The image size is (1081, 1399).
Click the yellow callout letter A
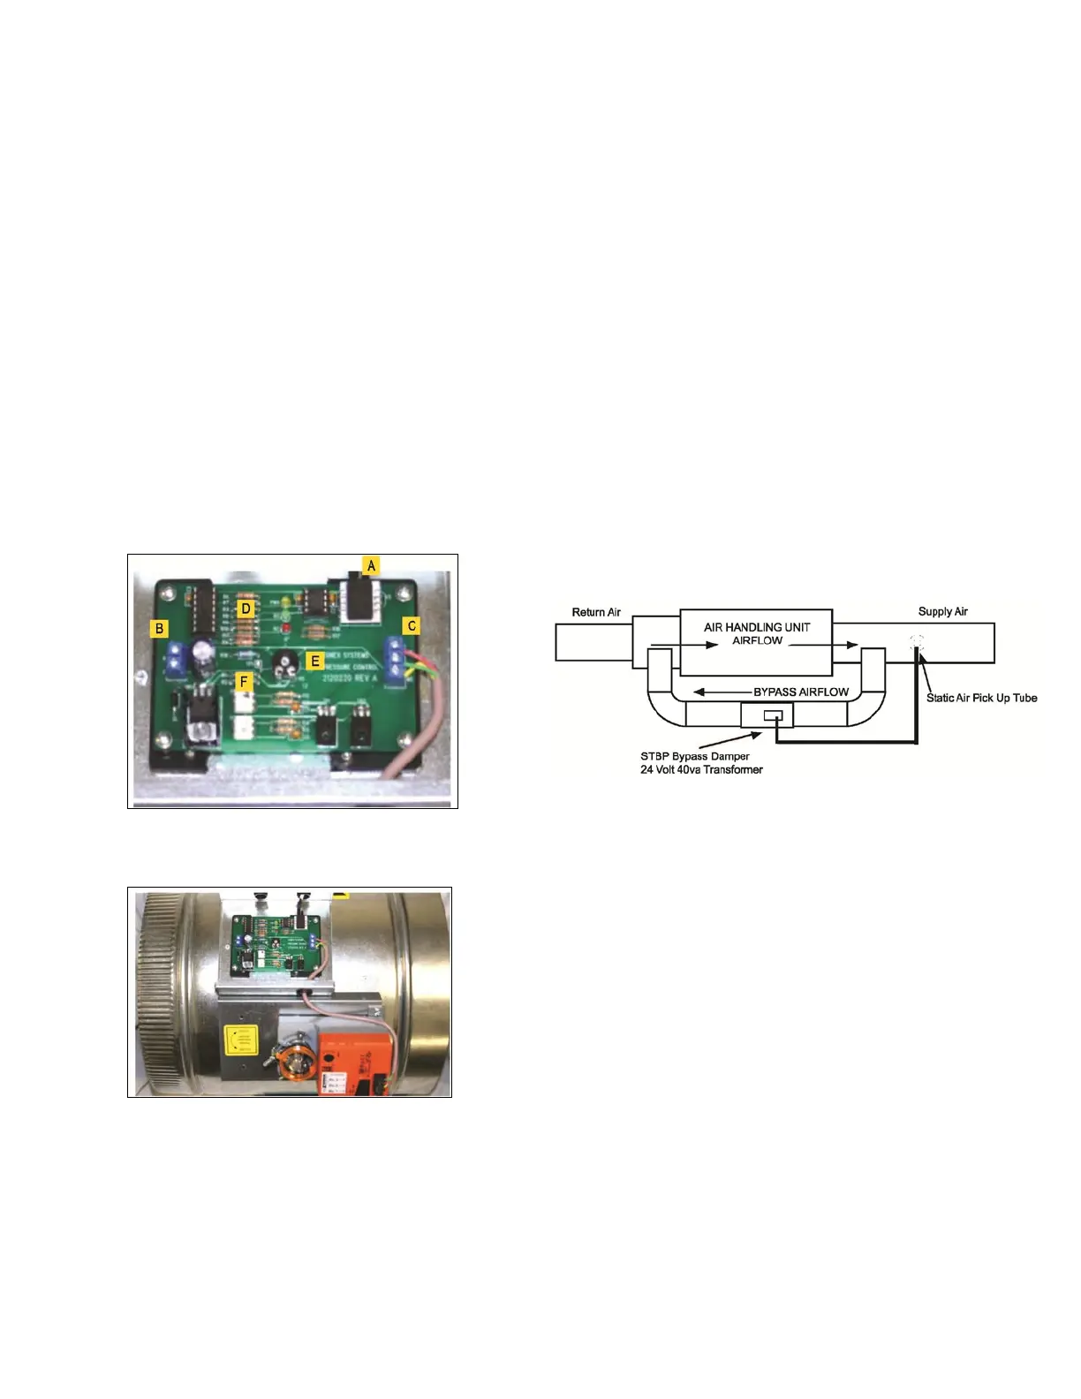(372, 565)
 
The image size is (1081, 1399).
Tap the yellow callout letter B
(160, 629)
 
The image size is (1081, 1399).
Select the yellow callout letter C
(412, 625)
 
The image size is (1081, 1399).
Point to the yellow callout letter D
(246, 609)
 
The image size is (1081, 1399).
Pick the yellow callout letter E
(314, 660)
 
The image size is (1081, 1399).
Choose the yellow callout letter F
(245, 681)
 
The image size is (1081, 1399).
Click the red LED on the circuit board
(287, 628)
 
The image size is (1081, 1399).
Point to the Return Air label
(596, 612)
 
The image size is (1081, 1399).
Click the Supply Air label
(942, 611)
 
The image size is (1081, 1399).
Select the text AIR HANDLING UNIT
(757, 627)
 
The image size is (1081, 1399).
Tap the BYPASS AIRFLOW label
(800, 692)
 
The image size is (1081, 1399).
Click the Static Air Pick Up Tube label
(981, 698)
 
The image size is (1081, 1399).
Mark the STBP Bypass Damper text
(694, 756)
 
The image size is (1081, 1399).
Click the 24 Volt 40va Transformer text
(701, 769)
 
